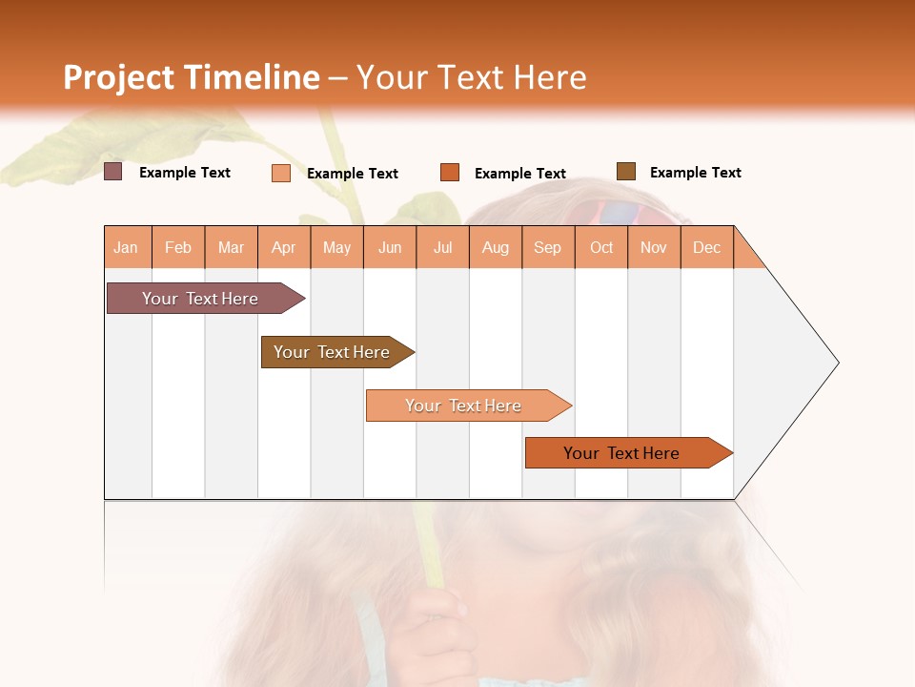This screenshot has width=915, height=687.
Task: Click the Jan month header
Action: pyautogui.click(x=127, y=247)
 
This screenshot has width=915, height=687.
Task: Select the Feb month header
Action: pyautogui.click(x=178, y=247)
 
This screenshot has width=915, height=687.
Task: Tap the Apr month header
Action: pyautogui.click(x=284, y=247)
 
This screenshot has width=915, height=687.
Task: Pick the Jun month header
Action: pyautogui.click(x=390, y=247)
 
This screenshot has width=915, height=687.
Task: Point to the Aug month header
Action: pyautogui.click(x=496, y=247)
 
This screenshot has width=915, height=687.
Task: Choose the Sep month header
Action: pyautogui.click(x=548, y=247)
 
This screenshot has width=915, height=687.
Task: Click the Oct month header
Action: pyautogui.click(x=601, y=247)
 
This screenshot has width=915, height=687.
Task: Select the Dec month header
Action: pyautogui.click(x=707, y=247)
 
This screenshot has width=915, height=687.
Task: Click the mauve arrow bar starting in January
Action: pyautogui.click(x=201, y=299)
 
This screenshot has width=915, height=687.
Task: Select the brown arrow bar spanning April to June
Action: pyautogui.click(x=333, y=352)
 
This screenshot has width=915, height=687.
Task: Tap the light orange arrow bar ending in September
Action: pyautogui.click(x=464, y=406)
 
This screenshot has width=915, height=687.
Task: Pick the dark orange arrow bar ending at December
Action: pyautogui.click(x=622, y=453)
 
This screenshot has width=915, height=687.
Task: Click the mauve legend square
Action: pyautogui.click(x=113, y=172)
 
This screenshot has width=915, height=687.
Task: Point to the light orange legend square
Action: pyautogui.click(x=281, y=173)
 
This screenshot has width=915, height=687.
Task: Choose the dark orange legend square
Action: pyautogui.click(x=450, y=173)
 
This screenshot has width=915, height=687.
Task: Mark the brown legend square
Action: pyautogui.click(x=626, y=172)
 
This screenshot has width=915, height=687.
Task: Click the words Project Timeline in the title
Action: pyautogui.click(x=192, y=77)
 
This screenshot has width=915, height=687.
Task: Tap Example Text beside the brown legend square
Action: pyautogui.click(x=695, y=173)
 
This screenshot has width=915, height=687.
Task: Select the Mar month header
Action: pyautogui.click(x=231, y=247)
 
